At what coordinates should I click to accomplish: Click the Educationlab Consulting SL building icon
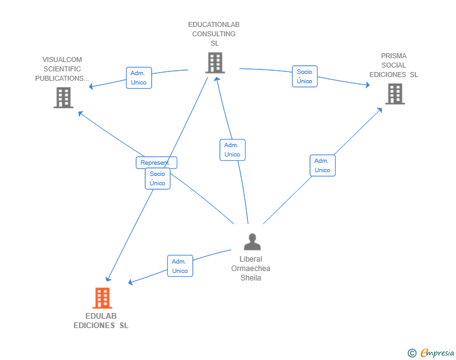(214, 63)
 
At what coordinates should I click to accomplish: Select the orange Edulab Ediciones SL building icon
(102, 298)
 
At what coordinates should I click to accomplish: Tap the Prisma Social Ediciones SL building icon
(395, 94)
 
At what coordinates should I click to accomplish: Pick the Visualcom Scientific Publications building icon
(63, 98)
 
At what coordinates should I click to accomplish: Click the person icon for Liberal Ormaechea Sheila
(252, 242)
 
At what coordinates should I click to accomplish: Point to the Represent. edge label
(156, 163)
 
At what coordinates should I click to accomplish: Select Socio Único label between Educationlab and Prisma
(304, 76)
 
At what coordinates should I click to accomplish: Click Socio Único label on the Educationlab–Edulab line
(157, 178)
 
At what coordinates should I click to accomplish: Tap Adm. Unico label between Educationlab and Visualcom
(138, 78)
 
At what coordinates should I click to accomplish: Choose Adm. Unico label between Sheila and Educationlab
(232, 150)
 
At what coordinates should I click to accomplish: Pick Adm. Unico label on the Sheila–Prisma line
(322, 165)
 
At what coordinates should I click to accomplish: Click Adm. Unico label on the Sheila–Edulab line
(180, 266)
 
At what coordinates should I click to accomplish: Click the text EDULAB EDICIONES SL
(101, 321)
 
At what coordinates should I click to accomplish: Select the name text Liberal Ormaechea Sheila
(251, 269)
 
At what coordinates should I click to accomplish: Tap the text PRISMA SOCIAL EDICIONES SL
(393, 65)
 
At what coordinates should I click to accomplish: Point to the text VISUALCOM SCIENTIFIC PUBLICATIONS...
(62, 69)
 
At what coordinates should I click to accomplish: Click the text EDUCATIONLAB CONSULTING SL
(214, 34)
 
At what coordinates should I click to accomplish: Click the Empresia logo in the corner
(437, 353)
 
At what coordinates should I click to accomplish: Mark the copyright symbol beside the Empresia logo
(412, 353)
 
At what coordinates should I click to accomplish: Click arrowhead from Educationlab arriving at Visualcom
(91, 87)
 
